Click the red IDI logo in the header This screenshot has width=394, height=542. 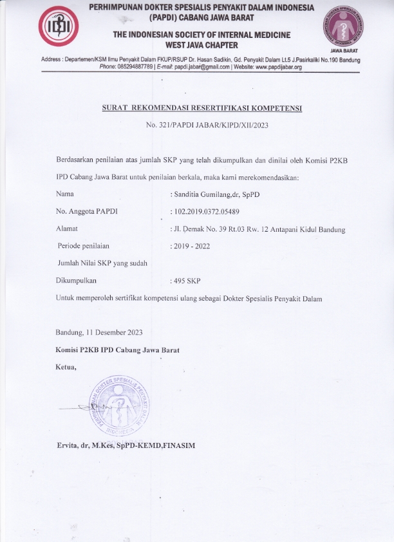click(x=59, y=26)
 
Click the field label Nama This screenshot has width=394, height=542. click(x=66, y=193)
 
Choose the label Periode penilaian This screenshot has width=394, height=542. click(x=84, y=246)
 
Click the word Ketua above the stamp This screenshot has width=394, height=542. click(x=66, y=368)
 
